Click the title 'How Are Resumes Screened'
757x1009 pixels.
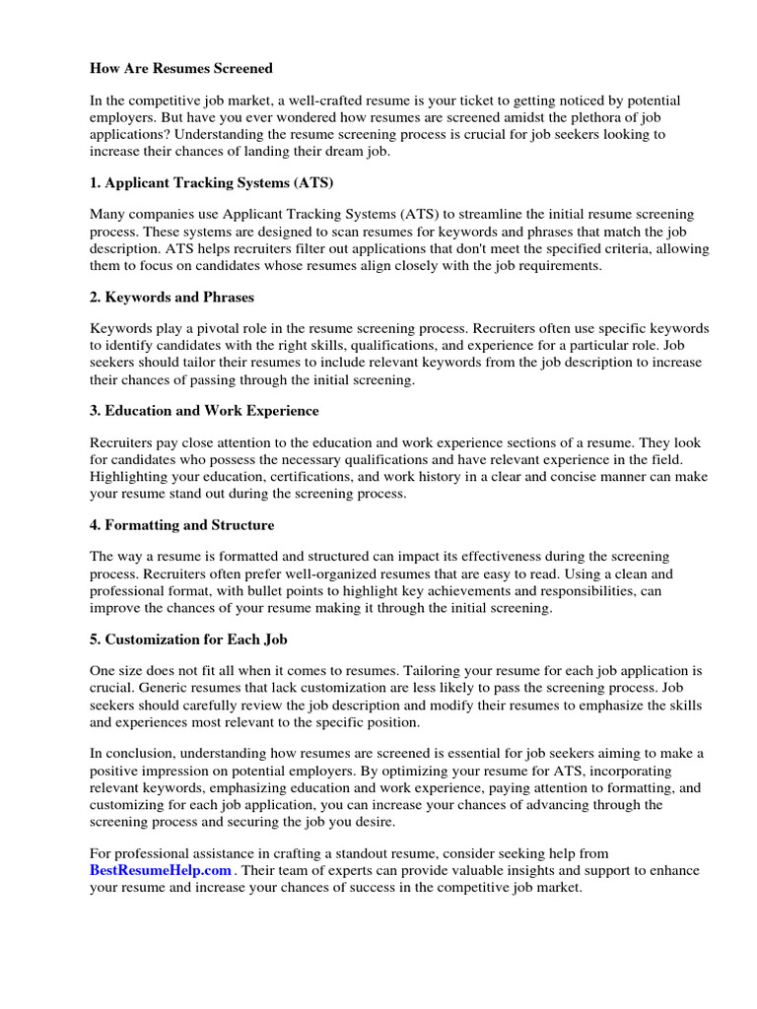pyautogui.click(x=181, y=69)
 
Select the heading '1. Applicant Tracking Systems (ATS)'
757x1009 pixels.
pyautogui.click(x=212, y=183)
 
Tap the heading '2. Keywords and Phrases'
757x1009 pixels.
pyautogui.click(x=172, y=297)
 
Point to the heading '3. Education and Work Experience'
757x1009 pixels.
pyautogui.click(x=204, y=410)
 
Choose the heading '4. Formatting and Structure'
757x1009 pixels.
pyautogui.click(x=182, y=524)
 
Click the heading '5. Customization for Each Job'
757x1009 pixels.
pyautogui.click(x=188, y=639)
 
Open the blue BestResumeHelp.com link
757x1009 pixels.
pyautogui.click(x=161, y=870)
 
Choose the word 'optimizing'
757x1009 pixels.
pyautogui.click(x=421, y=770)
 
